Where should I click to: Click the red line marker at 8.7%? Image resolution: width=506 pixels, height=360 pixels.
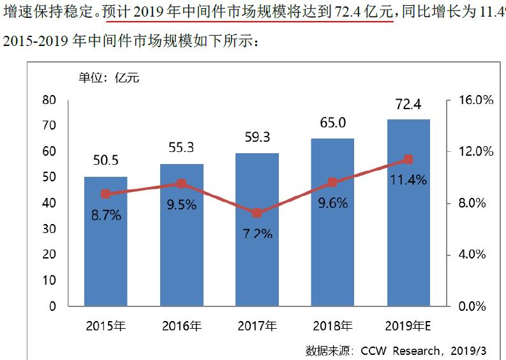click(106, 194)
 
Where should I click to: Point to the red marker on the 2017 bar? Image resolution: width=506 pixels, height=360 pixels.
click(257, 213)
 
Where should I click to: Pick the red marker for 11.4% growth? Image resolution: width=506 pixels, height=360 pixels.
click(408, 160)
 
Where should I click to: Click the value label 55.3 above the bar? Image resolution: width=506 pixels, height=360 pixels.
click(181, 147)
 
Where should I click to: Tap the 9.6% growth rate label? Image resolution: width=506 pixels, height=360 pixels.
click(332, 203)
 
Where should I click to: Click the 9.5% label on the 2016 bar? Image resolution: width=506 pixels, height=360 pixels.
click(181, 206)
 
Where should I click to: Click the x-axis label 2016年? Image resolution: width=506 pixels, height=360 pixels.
click(181, 326)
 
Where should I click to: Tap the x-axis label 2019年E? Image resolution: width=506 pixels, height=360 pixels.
click(408, 326)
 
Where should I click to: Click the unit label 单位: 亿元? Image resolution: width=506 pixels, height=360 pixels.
click(108, 78)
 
